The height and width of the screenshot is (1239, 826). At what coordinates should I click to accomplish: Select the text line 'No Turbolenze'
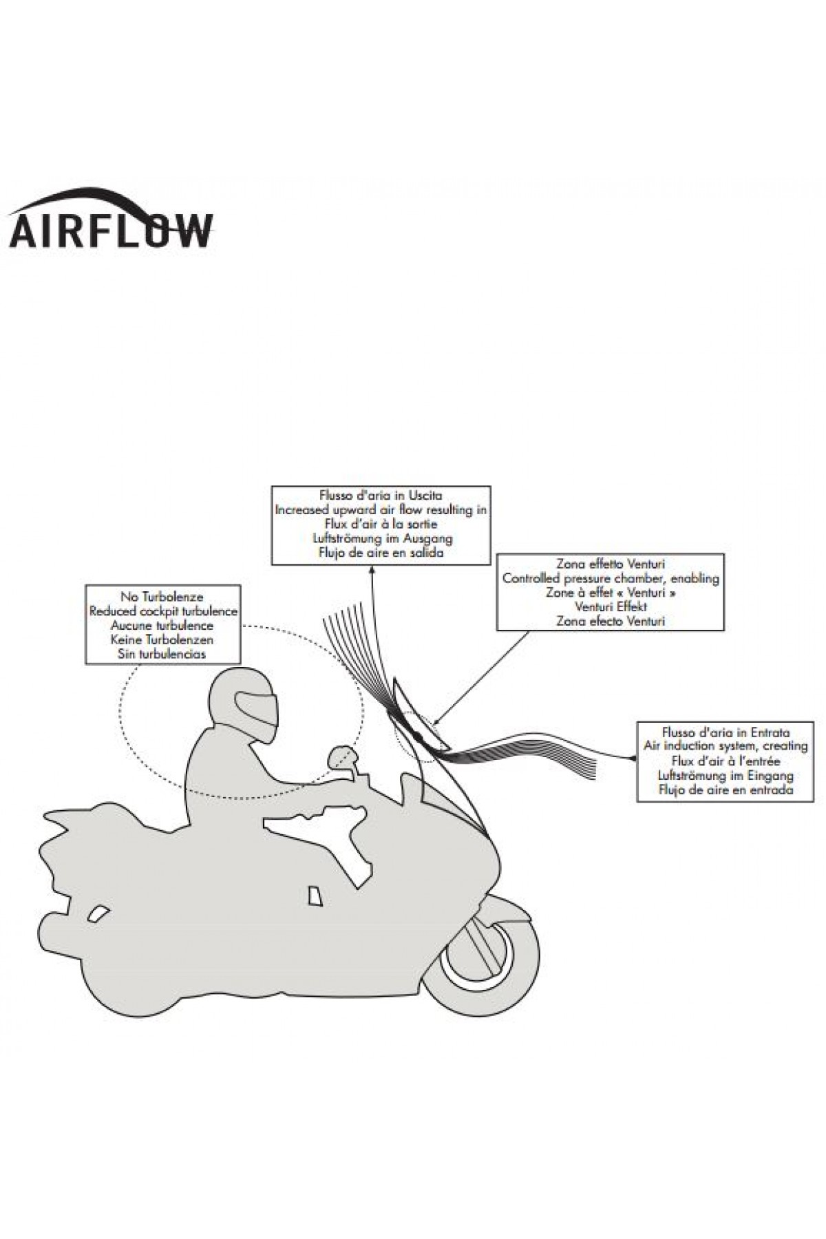[x=162, y=597]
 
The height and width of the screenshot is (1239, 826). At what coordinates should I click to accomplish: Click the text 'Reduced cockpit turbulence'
[x=162, y=611]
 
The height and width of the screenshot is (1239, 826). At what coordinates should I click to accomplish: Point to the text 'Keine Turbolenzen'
[x=162, y=639]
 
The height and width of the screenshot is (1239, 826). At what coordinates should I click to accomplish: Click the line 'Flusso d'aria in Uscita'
[x=381, y=496]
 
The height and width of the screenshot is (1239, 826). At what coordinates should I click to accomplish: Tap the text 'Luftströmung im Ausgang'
[x=381, y=538]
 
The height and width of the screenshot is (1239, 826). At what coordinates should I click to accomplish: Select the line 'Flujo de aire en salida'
[x=381, y=553]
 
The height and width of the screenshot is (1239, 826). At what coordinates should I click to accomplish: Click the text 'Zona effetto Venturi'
[x=611, y=564]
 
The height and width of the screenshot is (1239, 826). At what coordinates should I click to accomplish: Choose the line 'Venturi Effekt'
[x=611, y=606]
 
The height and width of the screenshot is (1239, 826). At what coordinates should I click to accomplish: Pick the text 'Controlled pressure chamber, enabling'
[x=611, y=578]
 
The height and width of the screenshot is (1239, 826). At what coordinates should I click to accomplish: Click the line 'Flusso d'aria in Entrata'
[x=726, y=732]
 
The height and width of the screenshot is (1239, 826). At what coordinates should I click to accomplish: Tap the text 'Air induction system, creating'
[x=726, y=746]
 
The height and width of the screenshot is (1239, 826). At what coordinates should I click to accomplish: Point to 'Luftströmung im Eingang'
[x=726, y=775]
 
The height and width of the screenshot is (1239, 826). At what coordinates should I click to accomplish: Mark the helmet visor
[x=256, y=709]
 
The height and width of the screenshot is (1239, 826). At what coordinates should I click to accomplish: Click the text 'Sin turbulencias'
[x=162, y=654]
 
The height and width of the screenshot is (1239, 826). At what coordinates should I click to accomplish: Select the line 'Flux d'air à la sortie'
[x=381, y=525]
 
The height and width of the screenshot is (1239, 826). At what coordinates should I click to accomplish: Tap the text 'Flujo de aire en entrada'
[x=726, y=790]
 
